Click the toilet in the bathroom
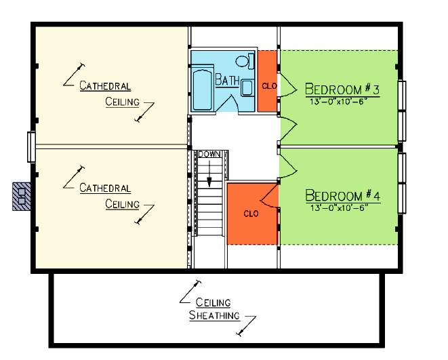tap(245, 61)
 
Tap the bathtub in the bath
tap(202, 89)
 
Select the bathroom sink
tap(247, 87)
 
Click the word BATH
tap(227, 80)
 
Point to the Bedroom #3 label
tap(342, 89)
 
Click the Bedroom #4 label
tap(343, 195)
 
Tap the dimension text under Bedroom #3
tap(338, 102)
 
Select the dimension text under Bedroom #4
tap(339, 207)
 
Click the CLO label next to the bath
tap(270, 85)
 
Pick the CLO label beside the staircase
tap(251, 214)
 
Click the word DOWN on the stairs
tap(209, 155)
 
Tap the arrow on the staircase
tap(209, 174)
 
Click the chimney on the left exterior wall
tap(22, 197)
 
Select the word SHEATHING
tap(214, 315)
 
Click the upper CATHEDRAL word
tap(105, 85)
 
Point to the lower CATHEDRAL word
tap(105, 188)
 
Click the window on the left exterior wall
tap(31, 147)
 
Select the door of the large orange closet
tap(269, 196)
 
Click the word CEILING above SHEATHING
tap(213, 302)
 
